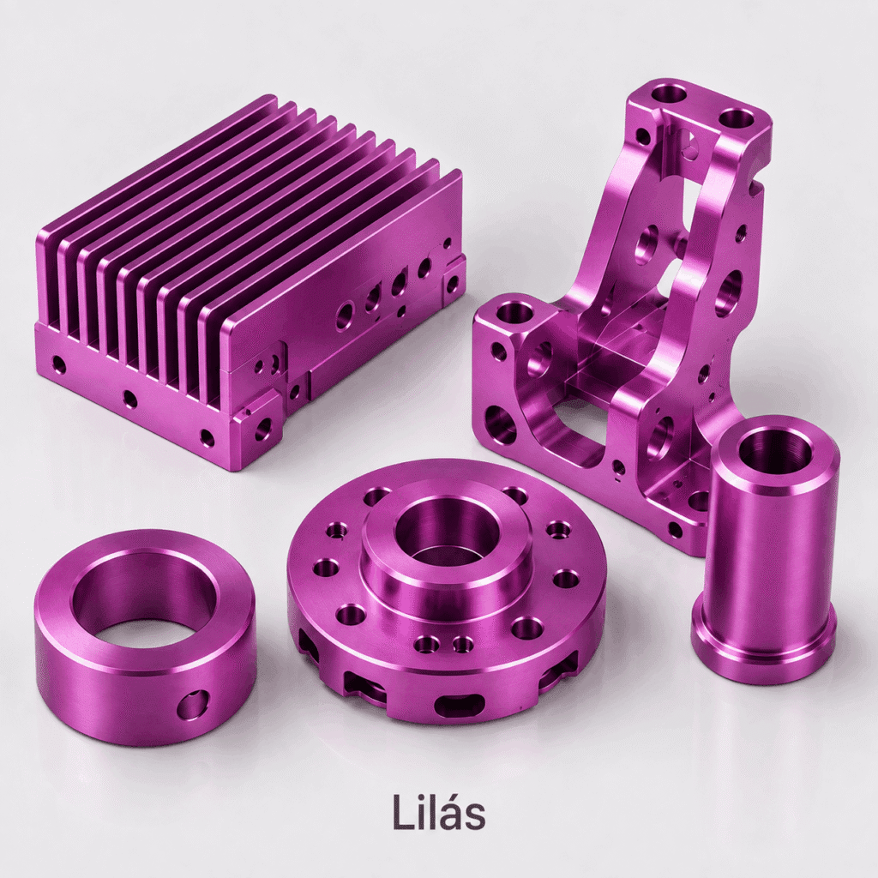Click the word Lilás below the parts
click(x=438, y=811)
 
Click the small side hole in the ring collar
click(x=193, y=705)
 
